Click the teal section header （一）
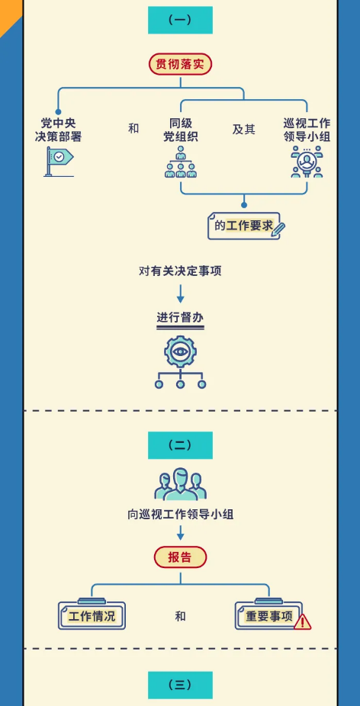coord(180,20)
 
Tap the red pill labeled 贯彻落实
coord(180,64)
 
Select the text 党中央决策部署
coord(59,130)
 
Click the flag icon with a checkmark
coord(59,161)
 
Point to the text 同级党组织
coord(180,130)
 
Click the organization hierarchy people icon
coord(181,162)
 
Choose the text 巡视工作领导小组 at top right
coord(307,130)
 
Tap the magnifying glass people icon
coord(307,162)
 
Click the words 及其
coord(244,130)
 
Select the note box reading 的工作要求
coord(246,226)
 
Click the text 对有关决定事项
coord(180,271)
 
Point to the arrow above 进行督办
coord(180,293)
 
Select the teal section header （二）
coord(180,445)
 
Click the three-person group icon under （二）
coord(180,484)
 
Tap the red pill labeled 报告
coord(180,557)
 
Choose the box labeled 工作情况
coord(92,615)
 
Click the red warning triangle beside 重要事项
coord(302,622)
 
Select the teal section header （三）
coord(180,685)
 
